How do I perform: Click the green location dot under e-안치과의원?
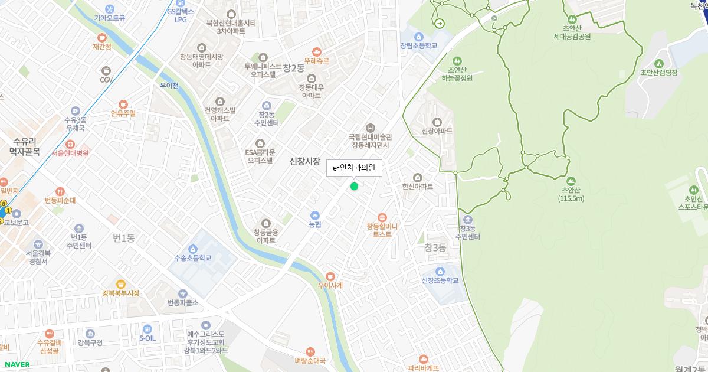click(354, 187)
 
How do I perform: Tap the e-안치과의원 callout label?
click(354, 168)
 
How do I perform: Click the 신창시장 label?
click(305, 161)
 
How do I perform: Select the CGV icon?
click(106, 69)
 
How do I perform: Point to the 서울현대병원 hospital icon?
click(70, 144)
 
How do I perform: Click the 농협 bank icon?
click(315, 216)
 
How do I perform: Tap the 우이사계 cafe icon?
click(330, 276)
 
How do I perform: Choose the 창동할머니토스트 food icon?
click(382, 217)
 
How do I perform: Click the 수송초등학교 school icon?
click(193, 249)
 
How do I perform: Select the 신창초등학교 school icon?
click(440, 272)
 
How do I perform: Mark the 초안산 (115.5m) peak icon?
click(571, 181)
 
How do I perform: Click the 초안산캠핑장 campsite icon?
click(659, 64)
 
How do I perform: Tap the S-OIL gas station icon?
click(147, 329)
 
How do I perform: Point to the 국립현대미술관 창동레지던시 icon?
click(371, 128)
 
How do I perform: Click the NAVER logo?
click(16, 364)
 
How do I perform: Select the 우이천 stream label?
click(169, 86)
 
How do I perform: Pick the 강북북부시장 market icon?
click(121, 284)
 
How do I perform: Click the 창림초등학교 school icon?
click(419, 37)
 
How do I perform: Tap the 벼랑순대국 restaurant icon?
click(310, 352)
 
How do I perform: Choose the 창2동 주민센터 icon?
click(267, 105)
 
